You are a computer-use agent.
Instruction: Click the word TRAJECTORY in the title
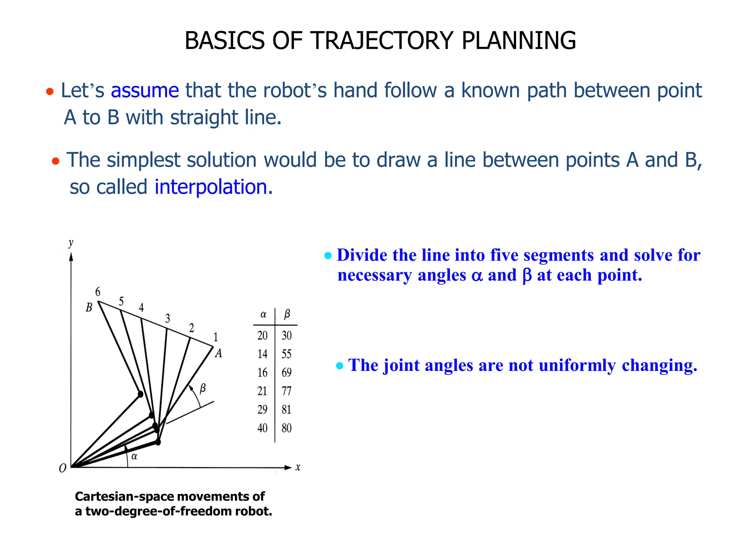(x=382, y=40)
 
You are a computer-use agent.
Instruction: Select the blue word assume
(x=145, y=91)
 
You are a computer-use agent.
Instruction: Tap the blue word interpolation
(x=211, y=187)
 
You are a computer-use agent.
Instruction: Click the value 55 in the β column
(x=286, y=354)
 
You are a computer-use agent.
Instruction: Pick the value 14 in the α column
(x=262, y=354)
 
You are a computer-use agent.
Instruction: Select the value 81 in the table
(x=286, y=410)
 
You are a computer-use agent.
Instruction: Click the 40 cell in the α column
(x=262, y=428)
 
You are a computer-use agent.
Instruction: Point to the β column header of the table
(x=287, y=314)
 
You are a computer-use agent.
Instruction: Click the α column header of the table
(x=263, y=315)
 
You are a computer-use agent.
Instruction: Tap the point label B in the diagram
(x=89, y=308)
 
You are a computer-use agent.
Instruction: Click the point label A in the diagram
(x=218, y=354)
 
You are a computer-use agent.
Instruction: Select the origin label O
(x=63, y=469)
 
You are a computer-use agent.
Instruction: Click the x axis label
(x=298, y=468)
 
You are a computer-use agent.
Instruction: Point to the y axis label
(x=71, y=243)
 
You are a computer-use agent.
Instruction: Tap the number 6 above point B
(x=98, y=292)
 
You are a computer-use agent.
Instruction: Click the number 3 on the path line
(x=168, y=318)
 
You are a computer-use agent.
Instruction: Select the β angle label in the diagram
(x=203, y=388)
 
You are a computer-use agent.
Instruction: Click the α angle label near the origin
(x=134, y=457)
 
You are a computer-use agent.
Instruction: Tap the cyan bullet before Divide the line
(x=327, y=256)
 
